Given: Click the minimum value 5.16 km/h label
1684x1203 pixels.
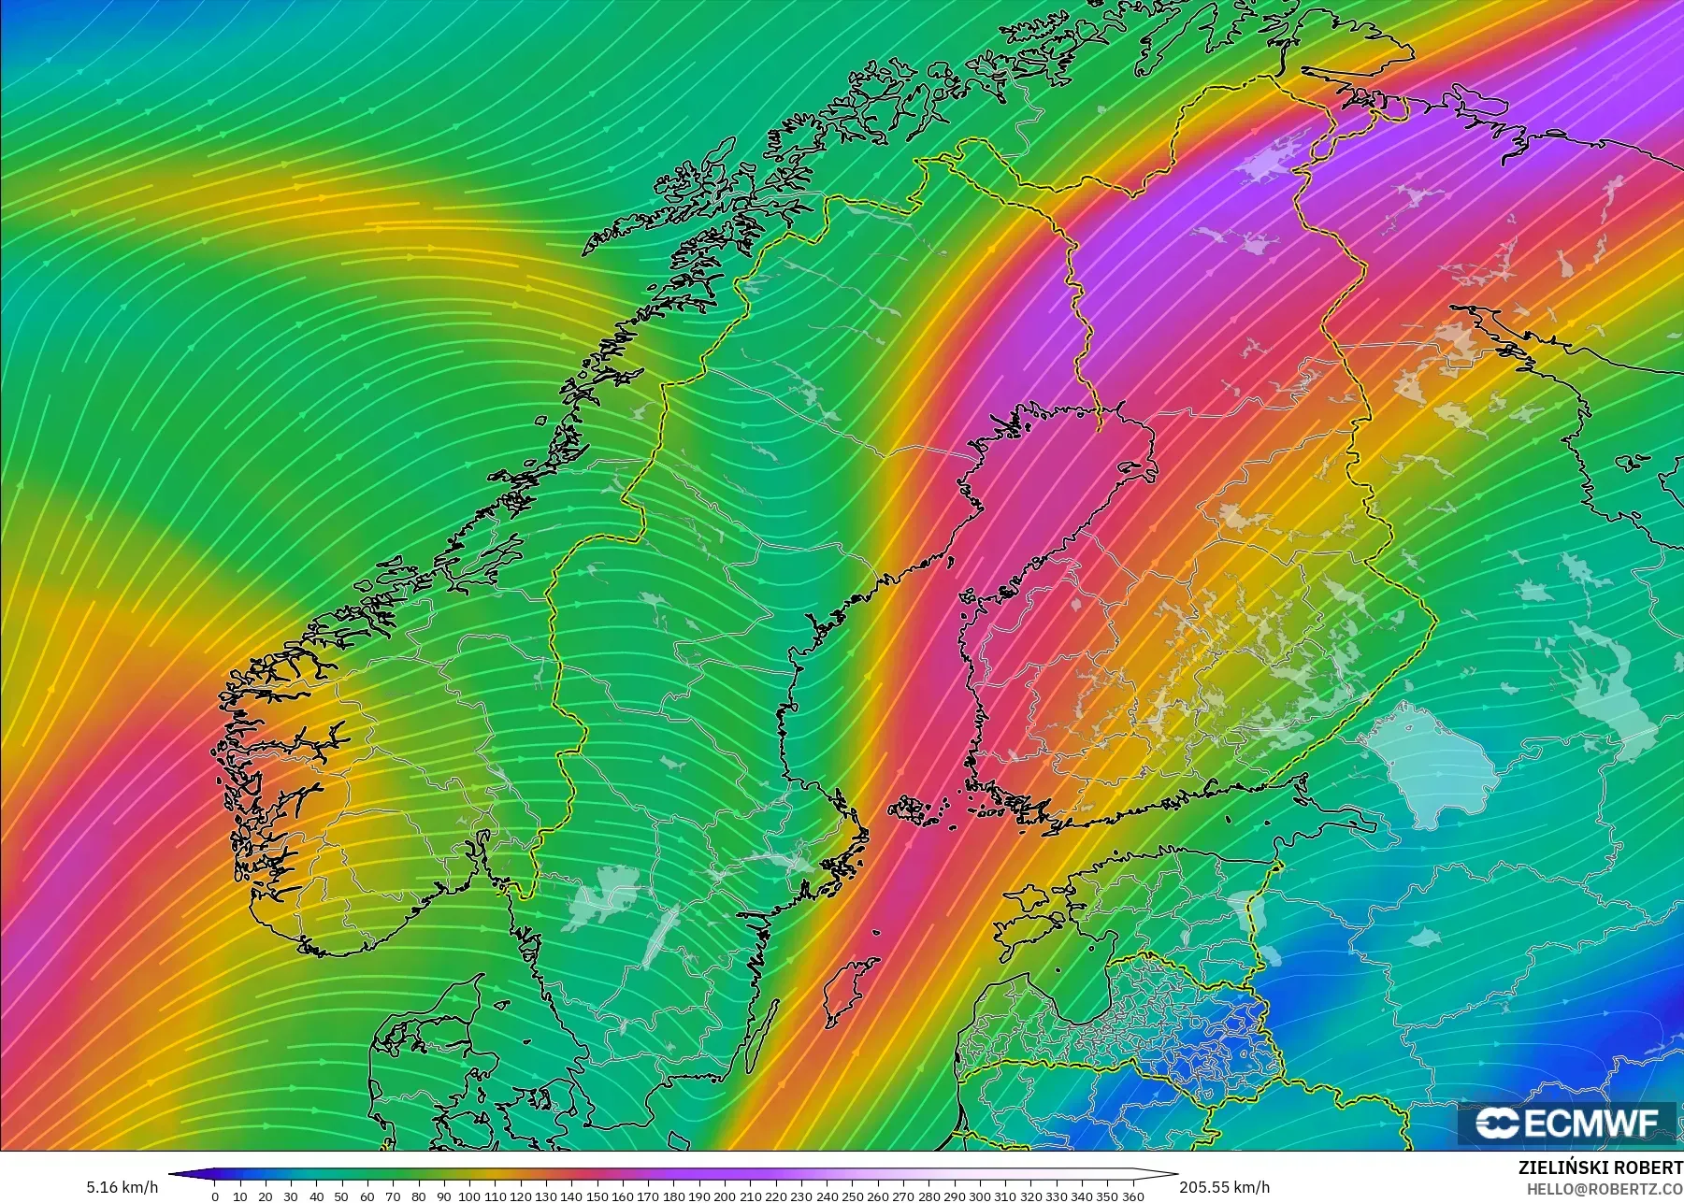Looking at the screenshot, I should [x=122, y=1188].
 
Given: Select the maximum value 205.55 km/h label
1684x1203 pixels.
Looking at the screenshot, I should [x=1224, y=1187].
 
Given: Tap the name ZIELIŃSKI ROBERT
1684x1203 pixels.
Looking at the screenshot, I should [x=1600, y=1168].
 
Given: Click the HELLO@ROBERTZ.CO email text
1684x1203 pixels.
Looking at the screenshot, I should [x=1605, y=1190].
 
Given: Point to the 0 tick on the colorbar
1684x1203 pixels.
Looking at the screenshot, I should [x=215, y=1196].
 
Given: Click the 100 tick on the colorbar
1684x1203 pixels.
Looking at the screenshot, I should [x=469, y=1196].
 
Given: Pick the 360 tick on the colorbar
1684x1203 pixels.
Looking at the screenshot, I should [x=1132, y=1196].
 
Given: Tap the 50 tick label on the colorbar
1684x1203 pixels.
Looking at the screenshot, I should [x=342, y=1196].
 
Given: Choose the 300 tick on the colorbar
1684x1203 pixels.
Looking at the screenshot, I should [x=980, y=1196].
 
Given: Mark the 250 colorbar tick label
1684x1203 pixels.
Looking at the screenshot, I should [x=852, y=1196].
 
